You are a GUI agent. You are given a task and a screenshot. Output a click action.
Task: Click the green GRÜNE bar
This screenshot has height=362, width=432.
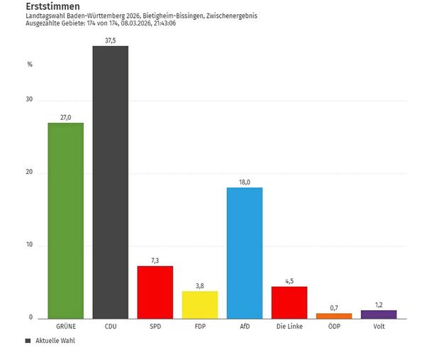(65, 220)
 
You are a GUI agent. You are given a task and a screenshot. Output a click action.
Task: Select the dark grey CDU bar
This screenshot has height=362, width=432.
(110, 182)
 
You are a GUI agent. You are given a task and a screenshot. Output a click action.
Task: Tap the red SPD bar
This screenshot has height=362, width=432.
(155, 292)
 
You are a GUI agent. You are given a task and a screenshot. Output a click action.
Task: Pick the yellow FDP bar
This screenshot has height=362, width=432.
(199, 305)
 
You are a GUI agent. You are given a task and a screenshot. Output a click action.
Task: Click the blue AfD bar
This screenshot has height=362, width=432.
(244, 253)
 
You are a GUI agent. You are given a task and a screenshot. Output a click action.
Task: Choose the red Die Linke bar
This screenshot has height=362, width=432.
(289, 302)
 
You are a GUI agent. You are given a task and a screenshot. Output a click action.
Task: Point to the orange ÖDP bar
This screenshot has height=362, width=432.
(333, 315)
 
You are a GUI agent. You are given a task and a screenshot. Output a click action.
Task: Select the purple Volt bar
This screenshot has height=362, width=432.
(379, 314)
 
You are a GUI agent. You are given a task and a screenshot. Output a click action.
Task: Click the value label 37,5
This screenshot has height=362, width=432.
(110, 40)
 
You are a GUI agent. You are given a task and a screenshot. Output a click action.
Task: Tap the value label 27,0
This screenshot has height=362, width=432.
(65, 117)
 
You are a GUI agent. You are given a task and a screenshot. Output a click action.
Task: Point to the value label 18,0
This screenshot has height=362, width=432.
(244, 182)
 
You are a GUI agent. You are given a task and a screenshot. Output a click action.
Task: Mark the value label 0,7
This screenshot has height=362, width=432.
(333, 307)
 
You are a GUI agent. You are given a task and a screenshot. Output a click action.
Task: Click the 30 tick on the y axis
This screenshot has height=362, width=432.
(29, 100)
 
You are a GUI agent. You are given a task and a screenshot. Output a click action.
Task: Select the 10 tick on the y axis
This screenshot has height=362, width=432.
(29, 246)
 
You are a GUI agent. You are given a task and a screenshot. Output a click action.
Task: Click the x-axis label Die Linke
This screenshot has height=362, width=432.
(289, 327)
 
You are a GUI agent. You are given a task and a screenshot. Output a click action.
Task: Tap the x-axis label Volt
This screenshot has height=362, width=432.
(379, 327)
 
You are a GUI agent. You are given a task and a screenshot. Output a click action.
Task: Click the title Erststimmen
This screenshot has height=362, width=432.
(48, 6)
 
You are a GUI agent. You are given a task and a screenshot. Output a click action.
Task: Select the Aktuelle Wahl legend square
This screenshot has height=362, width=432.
(28, 341)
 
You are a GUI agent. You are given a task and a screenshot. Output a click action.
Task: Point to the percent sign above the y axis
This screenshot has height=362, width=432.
(30, 65)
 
